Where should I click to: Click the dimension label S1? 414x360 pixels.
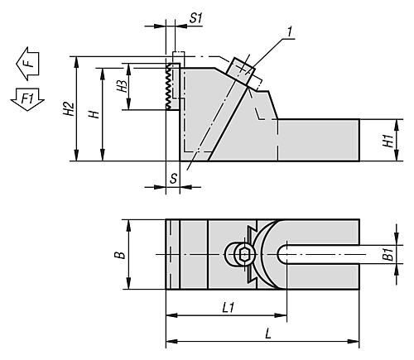pyautogui.click(x=195, y=18)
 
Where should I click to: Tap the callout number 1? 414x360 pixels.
pyautogui.click(x=289, y=32)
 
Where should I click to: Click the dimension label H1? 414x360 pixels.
pyautogui.click(x=388, y=141)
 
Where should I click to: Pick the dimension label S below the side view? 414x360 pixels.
pyautogui.click(x=173, y=179)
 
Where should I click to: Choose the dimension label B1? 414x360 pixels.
pyautogui.click(x=388, y=254)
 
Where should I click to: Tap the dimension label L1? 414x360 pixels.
pyautogui.click(x=229, y=308)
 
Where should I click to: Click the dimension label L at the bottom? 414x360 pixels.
pyautogui.click(x=268, y=334)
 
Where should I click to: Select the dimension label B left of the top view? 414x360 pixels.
pyautogui.click(x=120, y=255)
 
